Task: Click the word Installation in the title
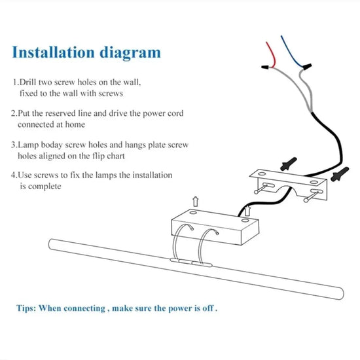(x=53, y=52)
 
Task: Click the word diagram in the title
(x=130, y=54)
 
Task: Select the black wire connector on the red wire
(x=265, y=67)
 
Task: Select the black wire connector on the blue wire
(x=307, y=67)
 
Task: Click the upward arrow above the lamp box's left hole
(x=196, y=202)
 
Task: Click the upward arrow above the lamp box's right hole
(x=247, y=211)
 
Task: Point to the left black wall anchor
(x=289, y=164)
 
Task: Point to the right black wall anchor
(x=340, y=174)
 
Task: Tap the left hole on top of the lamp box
(x=193, y=213)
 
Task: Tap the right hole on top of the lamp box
(x=245, y=221)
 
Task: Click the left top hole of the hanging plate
(x=262, y=174)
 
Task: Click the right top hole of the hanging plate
(x=314, y=183)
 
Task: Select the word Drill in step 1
(x=27, y=82)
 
